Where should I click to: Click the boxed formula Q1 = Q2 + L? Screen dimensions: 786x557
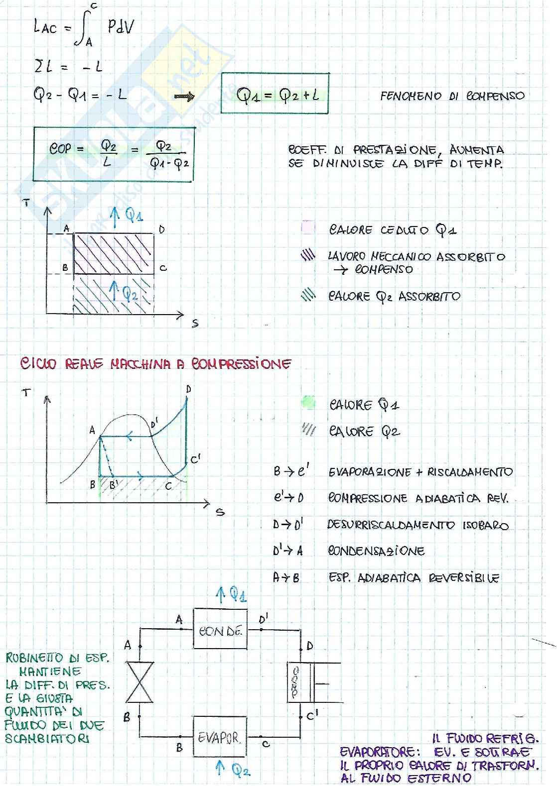pos(275,94)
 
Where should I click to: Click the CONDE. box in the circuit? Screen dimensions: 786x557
pos(220,629)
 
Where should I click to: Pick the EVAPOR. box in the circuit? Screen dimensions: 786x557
pos(219,737)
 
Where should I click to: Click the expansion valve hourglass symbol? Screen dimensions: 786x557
pos(140,681)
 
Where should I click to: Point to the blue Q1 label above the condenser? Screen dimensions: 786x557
pos(232,594)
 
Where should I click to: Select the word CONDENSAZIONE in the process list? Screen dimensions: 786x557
pos(376,551)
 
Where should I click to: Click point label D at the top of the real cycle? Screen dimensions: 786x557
pos(188,388)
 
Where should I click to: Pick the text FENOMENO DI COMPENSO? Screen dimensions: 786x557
pos(452,96)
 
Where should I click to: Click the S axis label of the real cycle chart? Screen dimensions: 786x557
pos(220,511)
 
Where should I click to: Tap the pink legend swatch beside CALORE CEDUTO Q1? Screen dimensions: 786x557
pos(308,228)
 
